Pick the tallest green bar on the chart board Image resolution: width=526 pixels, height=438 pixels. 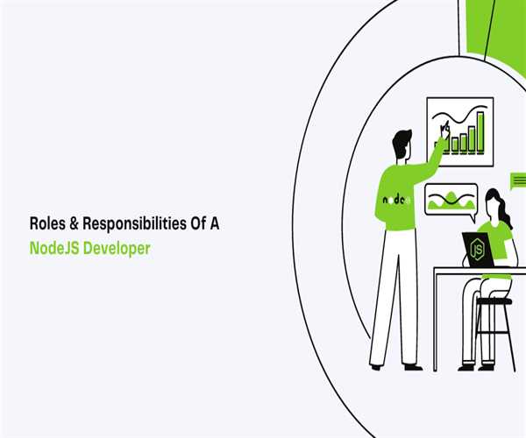pos(480,137)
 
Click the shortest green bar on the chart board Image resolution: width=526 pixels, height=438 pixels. pos(446,146)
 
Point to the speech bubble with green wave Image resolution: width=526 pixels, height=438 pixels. pos(450,199)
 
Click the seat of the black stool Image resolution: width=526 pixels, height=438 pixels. pos(496,301)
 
